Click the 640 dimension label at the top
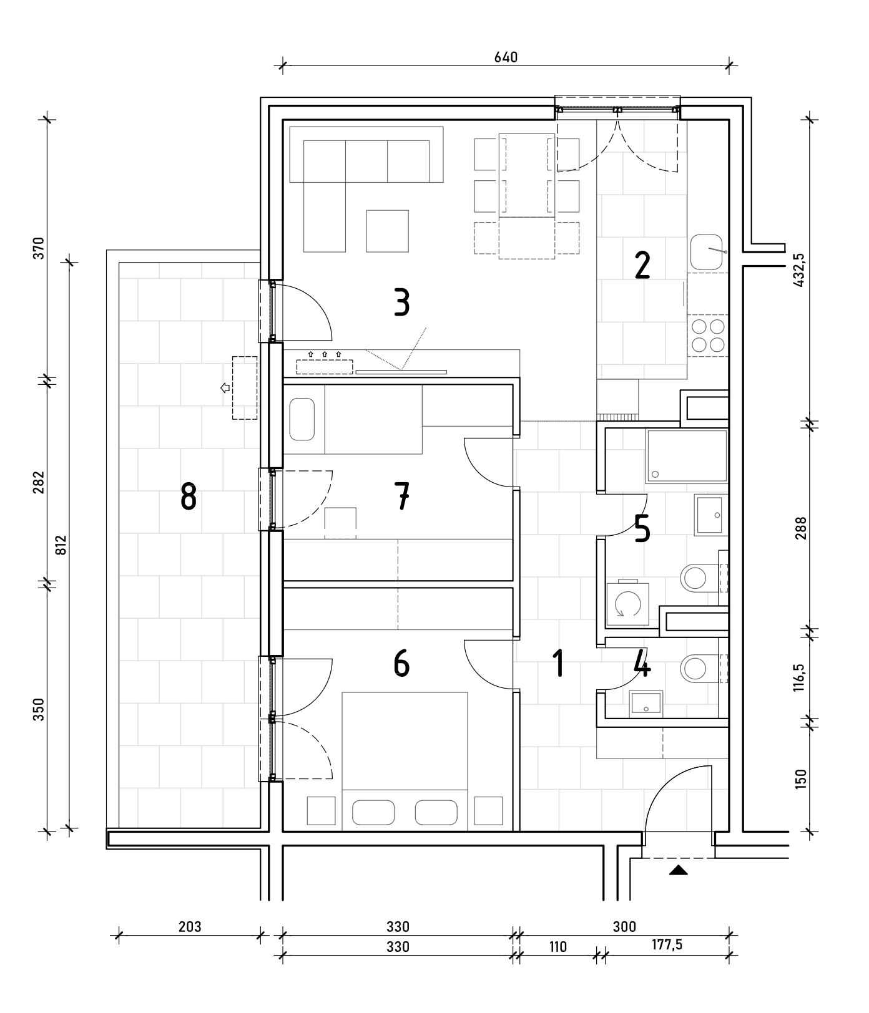(506, 57)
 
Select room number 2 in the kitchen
(642, 265)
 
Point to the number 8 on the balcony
(188, 498)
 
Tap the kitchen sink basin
(707, 252)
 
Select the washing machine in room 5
(627, 604)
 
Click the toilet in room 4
(699, 669)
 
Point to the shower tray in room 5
(687, 455)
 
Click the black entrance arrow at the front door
(679, 870)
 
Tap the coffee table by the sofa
(388, 231)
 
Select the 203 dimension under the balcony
(190, 926)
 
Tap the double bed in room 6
(405, 762)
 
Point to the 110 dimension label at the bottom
(557, 947)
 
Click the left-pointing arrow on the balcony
(225, 388)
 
